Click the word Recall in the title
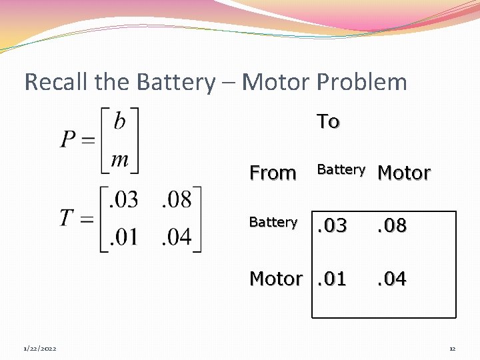57,82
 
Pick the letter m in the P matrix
119,159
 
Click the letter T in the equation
66,218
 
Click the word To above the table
328,121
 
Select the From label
272,173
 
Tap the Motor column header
404,173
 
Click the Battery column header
341,169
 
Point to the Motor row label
275,279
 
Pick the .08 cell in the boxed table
391,226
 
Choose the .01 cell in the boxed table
331,279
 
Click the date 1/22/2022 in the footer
39,349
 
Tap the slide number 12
452,349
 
